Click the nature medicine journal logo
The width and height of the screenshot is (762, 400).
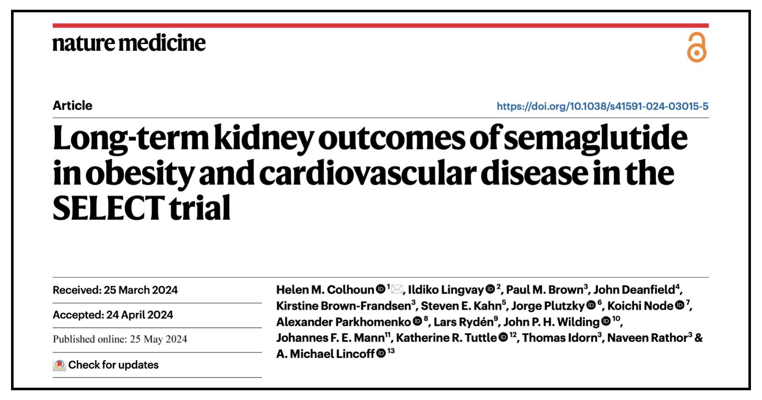(129, 43)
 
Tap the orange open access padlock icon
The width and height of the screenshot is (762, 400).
(697, 48)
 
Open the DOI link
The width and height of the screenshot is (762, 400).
(602, 106)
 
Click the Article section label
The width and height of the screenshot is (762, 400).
(73, 105)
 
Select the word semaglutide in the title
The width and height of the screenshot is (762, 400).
(595, 138)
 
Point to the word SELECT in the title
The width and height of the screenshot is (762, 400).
(109, 208)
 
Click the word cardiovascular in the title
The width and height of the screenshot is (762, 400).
(367, 173)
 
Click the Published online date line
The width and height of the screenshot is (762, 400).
(120, 339)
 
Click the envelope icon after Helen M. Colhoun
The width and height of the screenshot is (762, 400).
(397, 290)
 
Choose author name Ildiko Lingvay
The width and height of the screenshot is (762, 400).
(446, 290)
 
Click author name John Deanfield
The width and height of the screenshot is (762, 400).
(634, 290)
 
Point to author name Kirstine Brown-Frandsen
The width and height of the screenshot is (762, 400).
(344, 306)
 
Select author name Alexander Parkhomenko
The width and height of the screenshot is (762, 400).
(344, 322)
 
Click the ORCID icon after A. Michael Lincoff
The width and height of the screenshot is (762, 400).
(381, 353)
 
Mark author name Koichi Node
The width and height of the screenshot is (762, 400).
(640, 306)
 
